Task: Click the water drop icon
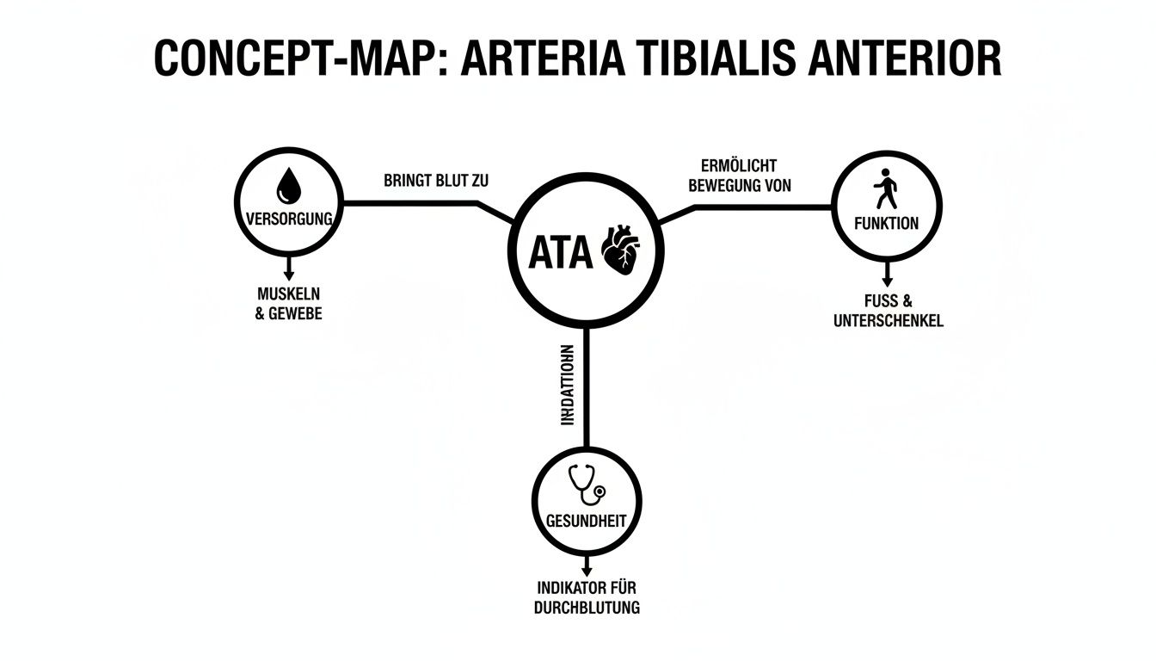click(288, 184)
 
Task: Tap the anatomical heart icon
click(619, 250)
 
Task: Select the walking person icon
click(887, 190)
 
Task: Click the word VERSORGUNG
click(289, 219)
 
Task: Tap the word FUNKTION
click(887, 223)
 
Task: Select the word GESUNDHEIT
click(587, 522)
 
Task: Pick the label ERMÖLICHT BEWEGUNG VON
click(740, 175)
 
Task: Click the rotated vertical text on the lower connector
click(566, 386)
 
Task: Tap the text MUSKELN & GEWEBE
click(289, 304)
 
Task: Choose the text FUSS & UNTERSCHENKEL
click(889, 311)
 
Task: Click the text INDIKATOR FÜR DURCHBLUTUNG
click(587, 597)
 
